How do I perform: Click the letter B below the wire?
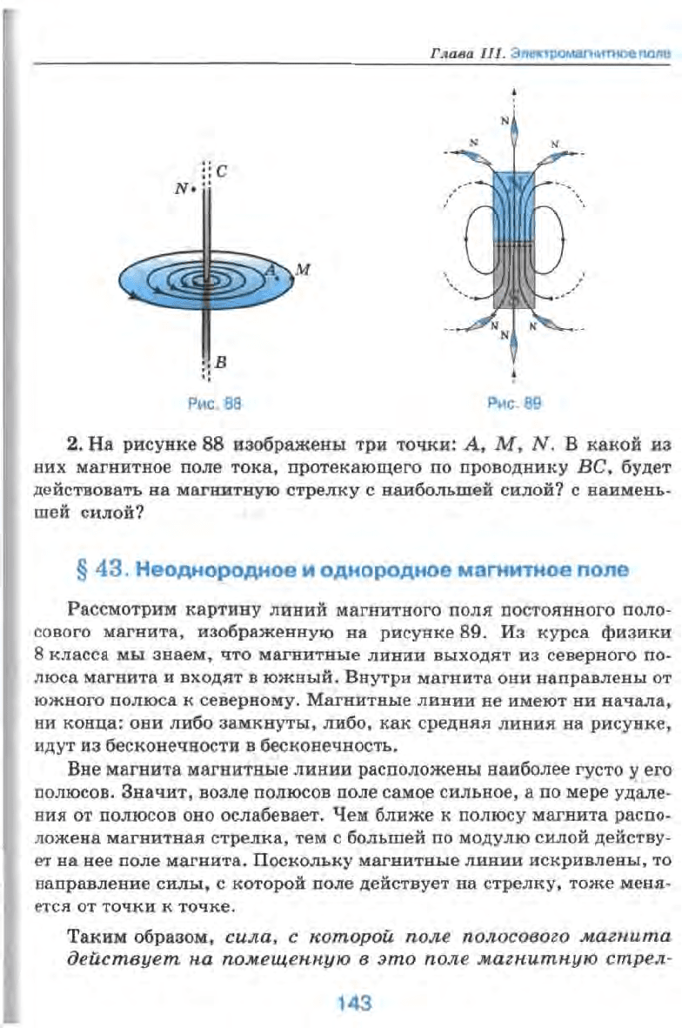220,365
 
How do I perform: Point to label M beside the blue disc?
303,269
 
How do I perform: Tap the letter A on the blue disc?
270,272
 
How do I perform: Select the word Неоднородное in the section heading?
209,571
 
